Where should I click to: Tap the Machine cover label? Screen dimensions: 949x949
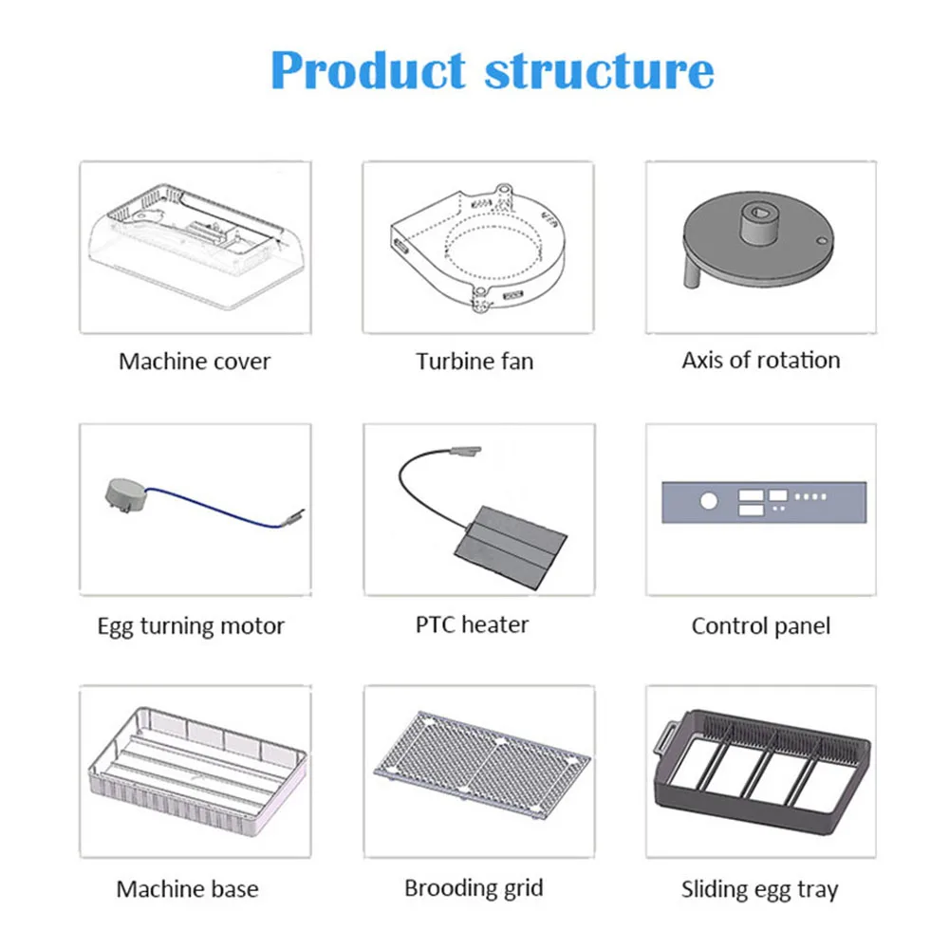195,362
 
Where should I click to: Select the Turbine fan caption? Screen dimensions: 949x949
474,362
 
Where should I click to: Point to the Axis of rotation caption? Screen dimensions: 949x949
761,361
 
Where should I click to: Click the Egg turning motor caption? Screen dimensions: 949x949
191,626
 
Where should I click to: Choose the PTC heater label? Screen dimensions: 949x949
472,624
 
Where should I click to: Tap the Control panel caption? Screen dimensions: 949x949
761,626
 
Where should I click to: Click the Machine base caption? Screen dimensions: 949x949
187,889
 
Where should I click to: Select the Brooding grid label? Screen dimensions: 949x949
474,888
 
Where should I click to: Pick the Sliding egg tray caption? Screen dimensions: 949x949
760,890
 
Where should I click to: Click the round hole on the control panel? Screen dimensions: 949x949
707,501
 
